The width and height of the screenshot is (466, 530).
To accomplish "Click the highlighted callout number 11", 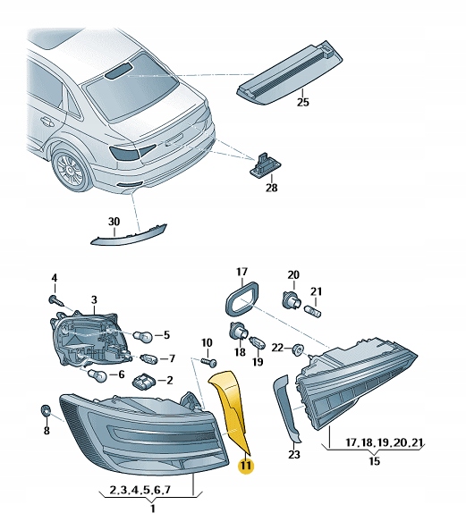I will [244, 465].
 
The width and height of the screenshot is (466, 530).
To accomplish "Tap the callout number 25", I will [302, 103].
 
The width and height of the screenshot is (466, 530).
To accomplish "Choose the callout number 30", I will [113, 222].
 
